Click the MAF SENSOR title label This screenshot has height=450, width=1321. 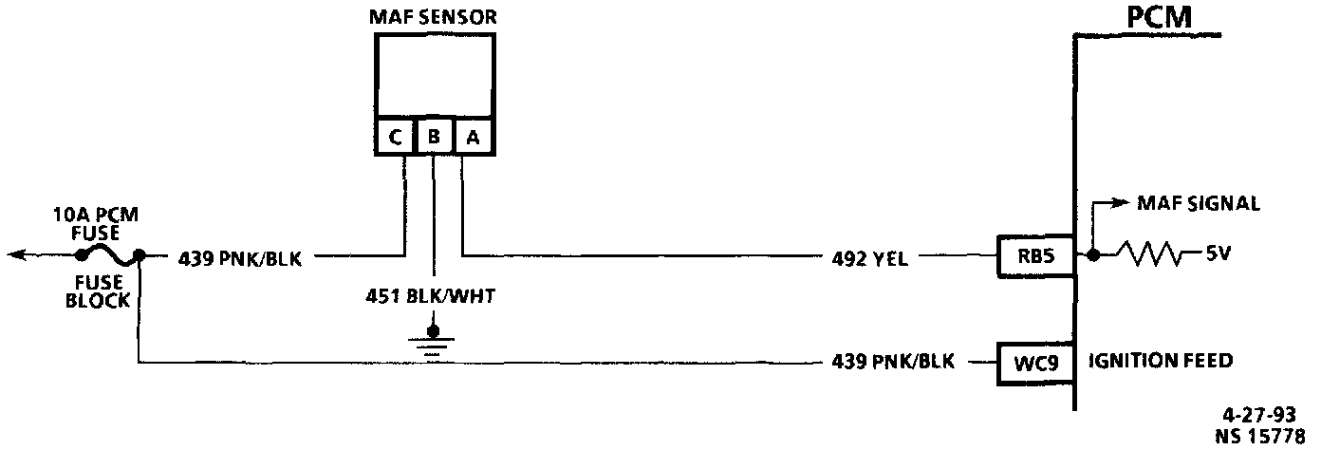pos(435,17)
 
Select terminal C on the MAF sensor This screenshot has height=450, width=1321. pos(395,138)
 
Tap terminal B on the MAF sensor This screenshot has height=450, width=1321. pos(434,138)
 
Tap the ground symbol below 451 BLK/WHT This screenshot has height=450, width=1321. pos(434,345)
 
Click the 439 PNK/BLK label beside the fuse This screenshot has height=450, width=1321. pos(239,256)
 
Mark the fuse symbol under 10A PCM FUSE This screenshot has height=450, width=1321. pos(106,254)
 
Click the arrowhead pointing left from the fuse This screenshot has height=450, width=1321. pos(13,254)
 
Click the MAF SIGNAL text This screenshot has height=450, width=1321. pos(1198,203)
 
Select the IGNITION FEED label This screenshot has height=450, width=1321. pos(1160,361)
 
